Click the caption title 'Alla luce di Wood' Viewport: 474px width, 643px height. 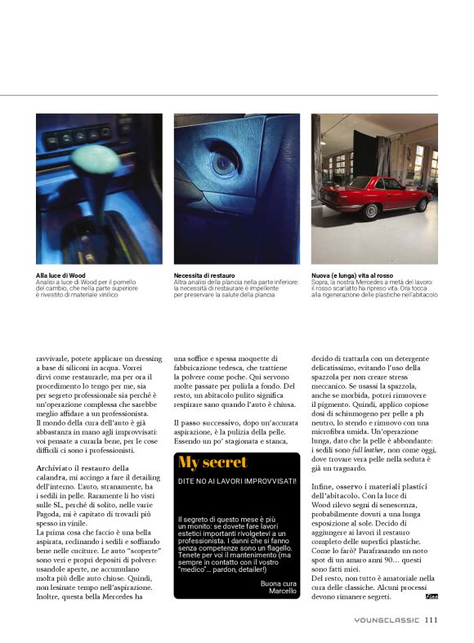60,276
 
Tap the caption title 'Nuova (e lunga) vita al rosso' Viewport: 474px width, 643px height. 352,276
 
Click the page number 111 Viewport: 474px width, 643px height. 431,619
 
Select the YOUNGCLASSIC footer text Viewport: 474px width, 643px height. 386,620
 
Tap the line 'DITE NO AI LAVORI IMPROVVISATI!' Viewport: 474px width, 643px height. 237,481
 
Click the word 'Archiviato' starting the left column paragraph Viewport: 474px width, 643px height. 53,467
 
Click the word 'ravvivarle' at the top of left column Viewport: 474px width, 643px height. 55,358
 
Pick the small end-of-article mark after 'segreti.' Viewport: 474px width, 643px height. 432,596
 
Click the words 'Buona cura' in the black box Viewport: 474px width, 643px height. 279,583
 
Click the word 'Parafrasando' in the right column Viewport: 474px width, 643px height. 377,551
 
